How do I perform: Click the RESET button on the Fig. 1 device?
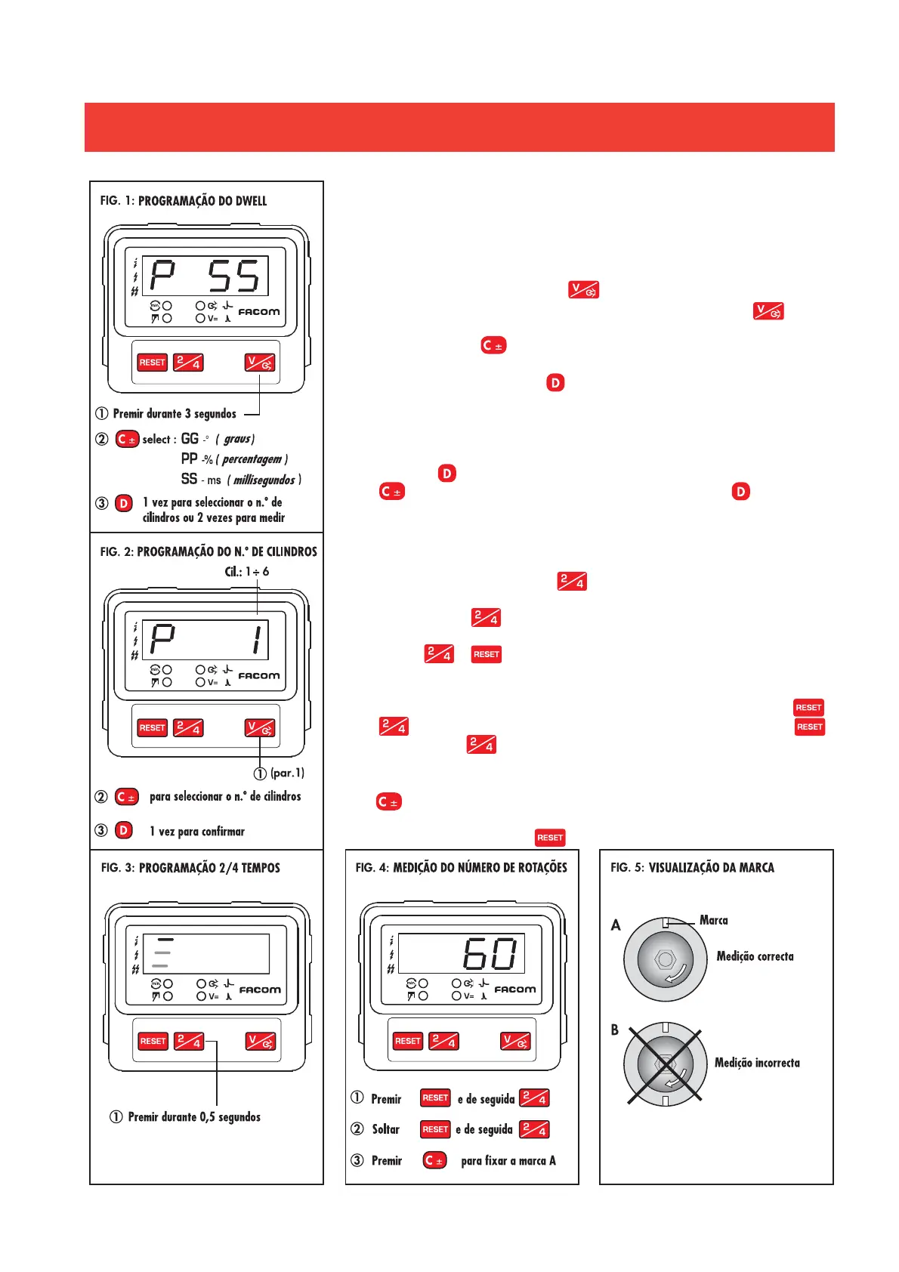pos(152,363)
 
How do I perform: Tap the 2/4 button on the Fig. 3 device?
pos(189,1042)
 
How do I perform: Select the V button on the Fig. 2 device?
pos(259,728)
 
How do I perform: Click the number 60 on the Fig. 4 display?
pos(490,954)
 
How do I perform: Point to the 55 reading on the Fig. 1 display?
pos(234,276)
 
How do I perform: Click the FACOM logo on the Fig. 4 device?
pos(514,990)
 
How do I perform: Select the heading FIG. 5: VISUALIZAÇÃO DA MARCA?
pos(692,868)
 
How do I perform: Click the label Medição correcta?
pos(755,956)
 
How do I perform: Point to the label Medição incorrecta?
pos(757,1063)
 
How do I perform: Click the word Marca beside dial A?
pos(713,920)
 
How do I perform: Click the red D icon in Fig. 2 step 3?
pos(124,830)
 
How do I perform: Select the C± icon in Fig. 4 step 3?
pos(434,1160)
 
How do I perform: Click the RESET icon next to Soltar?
pos(435,1129)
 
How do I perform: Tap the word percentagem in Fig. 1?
pos(252,459)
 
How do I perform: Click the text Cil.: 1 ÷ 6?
pos(246,572)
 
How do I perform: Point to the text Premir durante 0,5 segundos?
pos(194,1117)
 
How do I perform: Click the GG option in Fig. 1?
pos(190,439)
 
